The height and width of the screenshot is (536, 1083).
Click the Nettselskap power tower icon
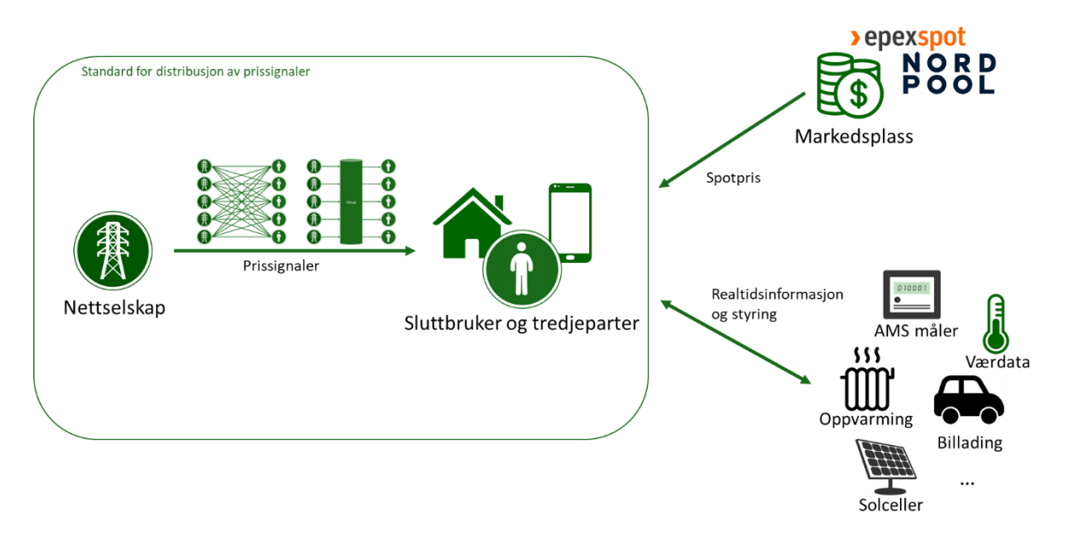click(x=114, y=251)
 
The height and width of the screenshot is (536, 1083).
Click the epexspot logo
click(x=908, y=37)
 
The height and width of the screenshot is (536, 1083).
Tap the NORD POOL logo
click(x=948, y=73)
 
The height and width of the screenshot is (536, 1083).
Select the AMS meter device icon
click(x=910, y=295)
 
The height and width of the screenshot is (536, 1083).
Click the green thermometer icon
click(x=995, y=323)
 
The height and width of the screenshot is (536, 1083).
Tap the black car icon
click(x=969, y=399)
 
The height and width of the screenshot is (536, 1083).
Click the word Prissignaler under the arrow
click(x=281, y=266)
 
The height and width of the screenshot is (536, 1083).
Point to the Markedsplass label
click(x=853, y=136)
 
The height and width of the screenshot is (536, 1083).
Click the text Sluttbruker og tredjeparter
click(x=521, y=323)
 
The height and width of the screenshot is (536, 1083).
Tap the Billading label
click(x=969, y=442)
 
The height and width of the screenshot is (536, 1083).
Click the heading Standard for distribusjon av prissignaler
click(x=196, y=71)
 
